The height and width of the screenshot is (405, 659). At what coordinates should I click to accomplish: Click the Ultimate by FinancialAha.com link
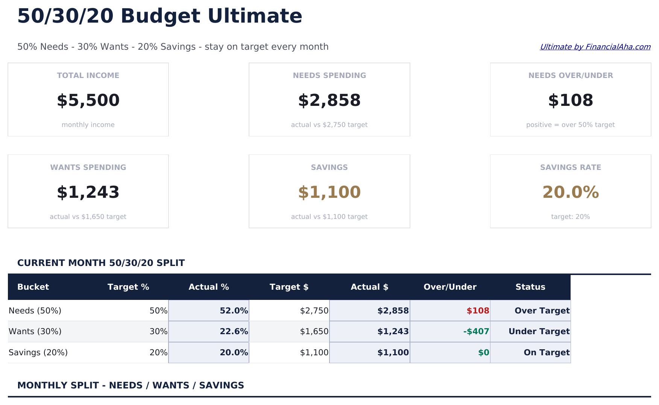(595, 47)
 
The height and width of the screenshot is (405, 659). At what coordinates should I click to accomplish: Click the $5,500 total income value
(88, 101)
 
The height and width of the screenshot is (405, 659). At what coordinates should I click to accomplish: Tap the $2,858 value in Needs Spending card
(329, 101)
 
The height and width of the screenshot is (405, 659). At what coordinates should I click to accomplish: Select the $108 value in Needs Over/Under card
(570, 101)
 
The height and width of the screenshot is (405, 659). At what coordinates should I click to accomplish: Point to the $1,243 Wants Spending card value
(88, 193)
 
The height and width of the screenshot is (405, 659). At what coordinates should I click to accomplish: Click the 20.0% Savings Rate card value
(570, 193)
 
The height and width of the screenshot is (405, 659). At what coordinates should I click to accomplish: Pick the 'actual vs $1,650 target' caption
(88, 217)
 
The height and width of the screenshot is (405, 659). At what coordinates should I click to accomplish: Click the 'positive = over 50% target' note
(570, 125)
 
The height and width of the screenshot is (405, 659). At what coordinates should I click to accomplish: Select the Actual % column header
(209, 287)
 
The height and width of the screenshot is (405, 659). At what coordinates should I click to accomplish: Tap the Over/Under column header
(450, 287)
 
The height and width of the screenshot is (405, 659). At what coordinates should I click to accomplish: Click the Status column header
(530, 287)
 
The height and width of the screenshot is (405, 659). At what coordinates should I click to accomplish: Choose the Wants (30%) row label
(35, 332)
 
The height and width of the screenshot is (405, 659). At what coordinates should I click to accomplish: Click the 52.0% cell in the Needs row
(234, 311)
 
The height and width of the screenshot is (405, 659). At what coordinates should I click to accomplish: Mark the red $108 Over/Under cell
(478, 311)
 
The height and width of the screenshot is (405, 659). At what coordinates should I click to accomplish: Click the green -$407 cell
(476, 332)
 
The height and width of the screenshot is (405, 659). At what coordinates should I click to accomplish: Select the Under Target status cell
(539, 332)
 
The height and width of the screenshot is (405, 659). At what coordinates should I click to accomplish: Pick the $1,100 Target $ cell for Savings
(314, 353)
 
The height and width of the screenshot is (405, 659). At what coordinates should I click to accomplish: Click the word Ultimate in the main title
(255, 16)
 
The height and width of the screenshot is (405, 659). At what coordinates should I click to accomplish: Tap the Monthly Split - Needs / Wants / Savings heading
(131, 385)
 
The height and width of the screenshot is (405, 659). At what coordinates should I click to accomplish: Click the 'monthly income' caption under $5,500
(88, 125)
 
